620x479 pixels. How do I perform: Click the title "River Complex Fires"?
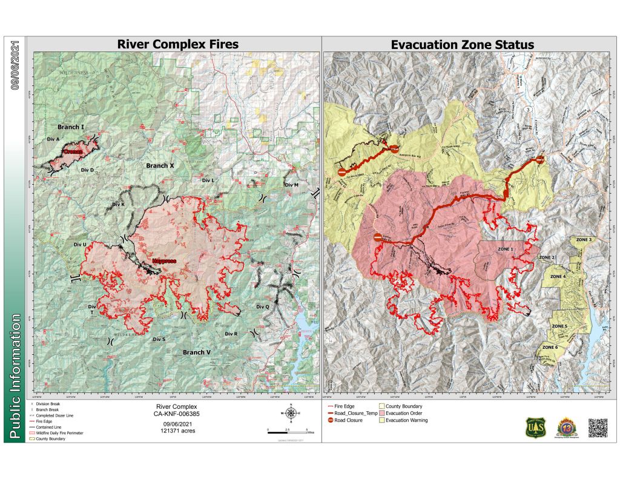click(177, 44)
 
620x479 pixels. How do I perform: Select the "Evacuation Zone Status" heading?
click(462, 44)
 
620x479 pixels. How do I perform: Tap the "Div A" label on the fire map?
click(53, 139)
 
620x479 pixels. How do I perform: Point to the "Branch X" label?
click(160, 165)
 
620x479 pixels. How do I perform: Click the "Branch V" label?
click(196, 352)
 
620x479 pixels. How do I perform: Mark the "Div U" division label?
click(80, 244)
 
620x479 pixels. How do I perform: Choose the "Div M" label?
click(291, 185)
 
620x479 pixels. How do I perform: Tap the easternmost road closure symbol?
click(539, 159)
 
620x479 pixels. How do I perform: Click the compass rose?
click(291, 414)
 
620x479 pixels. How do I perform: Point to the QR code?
click(597, 426)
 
